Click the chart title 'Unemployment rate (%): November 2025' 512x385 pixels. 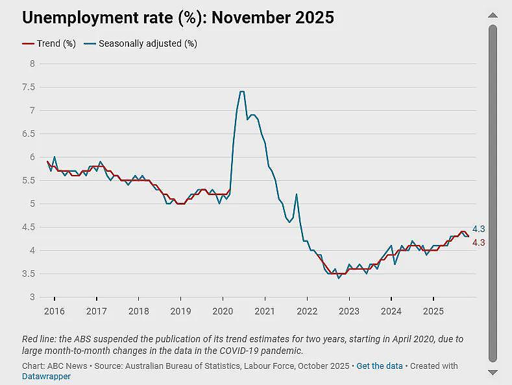pyautogui.click(x=178, y=17)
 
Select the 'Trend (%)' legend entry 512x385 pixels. pyautogui.click(x=49, y=43)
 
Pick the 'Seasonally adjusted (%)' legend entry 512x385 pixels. pyautogui.click(x=140, y=43)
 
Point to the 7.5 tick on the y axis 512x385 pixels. pyautogui.click(x=29, y=87)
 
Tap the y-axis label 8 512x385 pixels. pyautogui.click(x=32, y=64)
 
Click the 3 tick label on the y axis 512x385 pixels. pyautogui.click(x=32, y=297)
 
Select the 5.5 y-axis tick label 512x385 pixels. pyautogui.click(x=29, y=180)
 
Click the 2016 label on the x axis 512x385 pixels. pyautogui.click(x=55, y=311)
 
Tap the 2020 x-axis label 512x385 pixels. pyautogui.click(x=223, y=311)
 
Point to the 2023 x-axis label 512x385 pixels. pyautogui.click(x=349, y=311)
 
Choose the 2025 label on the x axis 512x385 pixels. pyautogui.click(x=433, y=311)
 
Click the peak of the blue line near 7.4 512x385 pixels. pyautogui.click(x=242, y=91)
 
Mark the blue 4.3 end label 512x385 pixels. pyautogui.click(x=479, y=229)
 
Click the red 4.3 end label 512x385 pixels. pyautogui.click(x=479, y=243)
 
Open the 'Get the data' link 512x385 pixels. pyautogui.click(x=380, y=366)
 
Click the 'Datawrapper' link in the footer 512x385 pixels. pyautogui.click(x=46, y=377)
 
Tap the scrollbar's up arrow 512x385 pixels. pyautogui.click(x=493, y=15)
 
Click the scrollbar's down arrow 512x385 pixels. pyautogui.click(x=493, y=372)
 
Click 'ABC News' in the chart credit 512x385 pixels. pyautogui.click(x=67, y=366)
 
